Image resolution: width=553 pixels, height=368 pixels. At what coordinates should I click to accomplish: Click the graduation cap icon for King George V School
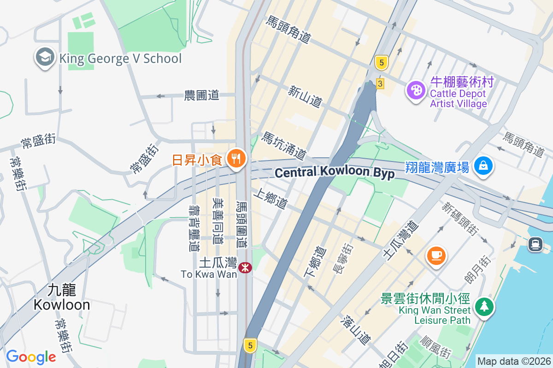44,58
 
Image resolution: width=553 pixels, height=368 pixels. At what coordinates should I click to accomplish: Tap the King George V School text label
120,58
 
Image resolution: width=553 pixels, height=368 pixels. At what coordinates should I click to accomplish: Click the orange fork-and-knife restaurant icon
237,159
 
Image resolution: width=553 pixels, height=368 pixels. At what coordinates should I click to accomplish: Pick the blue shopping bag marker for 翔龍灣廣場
483,166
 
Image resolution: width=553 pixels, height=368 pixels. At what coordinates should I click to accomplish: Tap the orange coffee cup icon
436,254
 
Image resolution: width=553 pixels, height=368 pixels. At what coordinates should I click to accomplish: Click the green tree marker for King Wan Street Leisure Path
483,306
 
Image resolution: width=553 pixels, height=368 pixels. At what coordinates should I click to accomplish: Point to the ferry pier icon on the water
535,244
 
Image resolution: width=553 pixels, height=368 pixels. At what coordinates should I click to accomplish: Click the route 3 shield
380,83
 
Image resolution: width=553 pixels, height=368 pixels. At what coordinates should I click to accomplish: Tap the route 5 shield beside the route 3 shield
381,63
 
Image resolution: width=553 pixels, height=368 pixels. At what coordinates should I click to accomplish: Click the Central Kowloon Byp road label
335,172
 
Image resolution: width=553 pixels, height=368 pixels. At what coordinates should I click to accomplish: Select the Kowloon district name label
62,297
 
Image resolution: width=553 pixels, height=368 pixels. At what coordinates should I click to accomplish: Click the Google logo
31,357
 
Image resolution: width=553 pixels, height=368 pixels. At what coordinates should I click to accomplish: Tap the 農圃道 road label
201,95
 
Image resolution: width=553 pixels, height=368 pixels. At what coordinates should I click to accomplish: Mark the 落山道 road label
357,330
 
